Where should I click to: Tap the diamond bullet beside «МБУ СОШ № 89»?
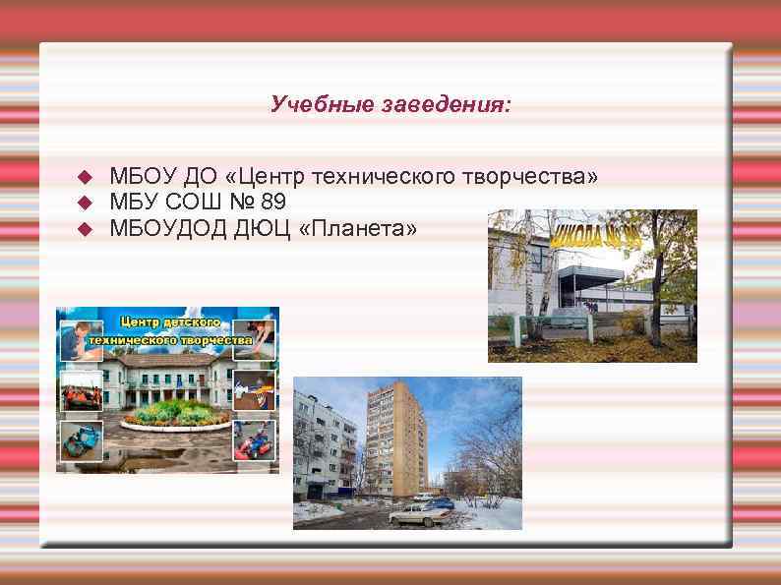pyautogui.click(x=84, y=203)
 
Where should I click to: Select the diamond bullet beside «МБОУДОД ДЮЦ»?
pyautogui.click(x=84, y=229)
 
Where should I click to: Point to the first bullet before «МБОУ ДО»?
pyautogui.click(x=84, y=177)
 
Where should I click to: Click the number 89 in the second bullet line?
pyautogui.click(x=274, y=203)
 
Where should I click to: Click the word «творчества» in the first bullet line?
pyautogui.click(x=525, y=177)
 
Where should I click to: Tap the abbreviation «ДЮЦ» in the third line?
pyautogui.click(x=261, y=229)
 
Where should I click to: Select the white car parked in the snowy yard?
pyautogui.click(x=417, y=514)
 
